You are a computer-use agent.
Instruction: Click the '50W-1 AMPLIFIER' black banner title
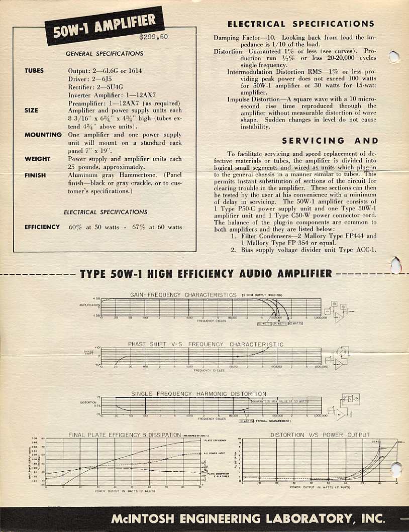coord(105,25)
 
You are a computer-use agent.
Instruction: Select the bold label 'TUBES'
coord(34,71)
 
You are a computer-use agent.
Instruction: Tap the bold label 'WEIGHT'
coord(38,159)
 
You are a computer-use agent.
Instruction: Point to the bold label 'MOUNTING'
coord(43,135)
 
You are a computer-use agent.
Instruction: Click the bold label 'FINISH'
coord(35,175)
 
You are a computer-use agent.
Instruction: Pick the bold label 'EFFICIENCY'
coord(42,227)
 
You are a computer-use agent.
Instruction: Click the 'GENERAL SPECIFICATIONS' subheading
coord(105,54)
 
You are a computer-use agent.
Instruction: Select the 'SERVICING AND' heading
coord(330,141)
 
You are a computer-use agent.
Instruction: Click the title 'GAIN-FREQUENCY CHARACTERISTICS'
coord(183,295)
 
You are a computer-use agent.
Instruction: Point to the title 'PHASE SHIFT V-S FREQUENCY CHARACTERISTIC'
coord(206,345)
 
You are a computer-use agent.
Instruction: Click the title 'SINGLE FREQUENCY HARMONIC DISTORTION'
coord(199,394)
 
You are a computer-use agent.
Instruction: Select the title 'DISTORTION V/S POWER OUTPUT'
coord(320,435)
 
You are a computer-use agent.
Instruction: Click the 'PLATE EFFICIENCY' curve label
coord(216,441)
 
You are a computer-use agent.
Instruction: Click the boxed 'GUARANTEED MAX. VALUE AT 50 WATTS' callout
coord(280,402)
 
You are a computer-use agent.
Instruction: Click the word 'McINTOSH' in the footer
coord(144,518)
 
